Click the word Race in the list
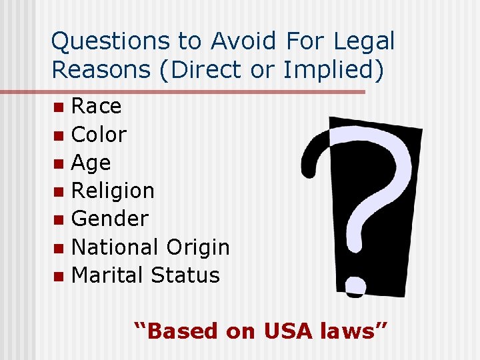pos(96,106)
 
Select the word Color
pos(99,135)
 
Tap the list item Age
pos(91,163)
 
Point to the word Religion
pos(113,191)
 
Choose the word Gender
pos(109,219)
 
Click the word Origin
pos(198,248)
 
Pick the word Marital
pos(107,275)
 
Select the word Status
pos(185,275)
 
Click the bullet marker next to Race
pos(59,107)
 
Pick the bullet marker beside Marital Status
pos(59,275)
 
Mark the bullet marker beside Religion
pos(59,192)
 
